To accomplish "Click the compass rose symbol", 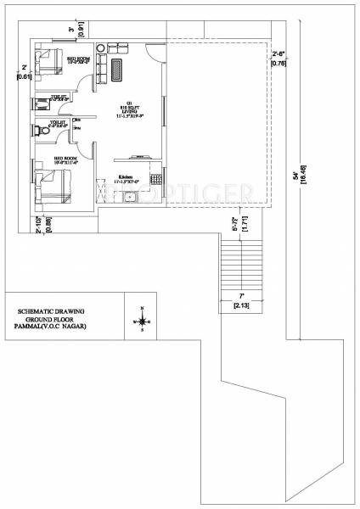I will (x=142, y=321).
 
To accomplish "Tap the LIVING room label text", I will (x=133, y=109).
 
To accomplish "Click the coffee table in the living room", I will (x=117, y=69).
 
